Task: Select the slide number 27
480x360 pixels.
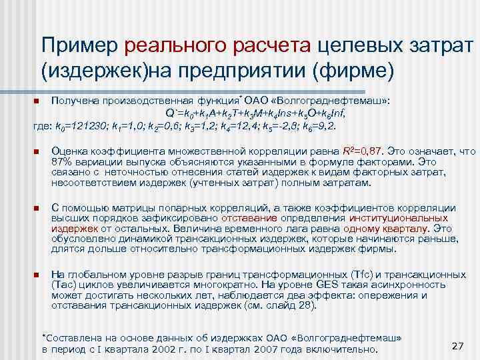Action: tap(457, 345)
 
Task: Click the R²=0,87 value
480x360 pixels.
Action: tap(365, 152)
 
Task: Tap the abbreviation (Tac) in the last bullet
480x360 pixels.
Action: tap(66, 285)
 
